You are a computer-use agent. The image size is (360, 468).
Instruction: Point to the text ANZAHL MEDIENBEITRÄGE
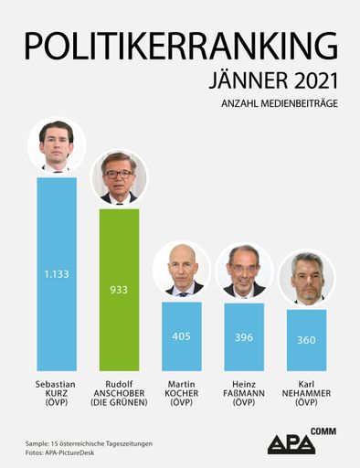(280, 104)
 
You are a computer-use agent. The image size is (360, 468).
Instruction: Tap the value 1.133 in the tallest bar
(56, 272)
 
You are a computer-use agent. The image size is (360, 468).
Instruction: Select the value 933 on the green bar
(119, 289)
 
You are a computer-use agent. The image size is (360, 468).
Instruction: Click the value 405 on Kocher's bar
(182, 335)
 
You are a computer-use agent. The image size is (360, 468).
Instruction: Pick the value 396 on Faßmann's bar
(244, 336)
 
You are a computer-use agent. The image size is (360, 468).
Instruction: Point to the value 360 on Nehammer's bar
(306, 340)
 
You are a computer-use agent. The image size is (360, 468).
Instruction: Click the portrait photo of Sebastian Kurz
(57, 144)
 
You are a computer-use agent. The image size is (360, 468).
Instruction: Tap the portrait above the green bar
(119, 177)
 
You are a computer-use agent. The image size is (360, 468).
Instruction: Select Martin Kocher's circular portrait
(182, 270)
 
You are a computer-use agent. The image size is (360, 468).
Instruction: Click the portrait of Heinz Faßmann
(244, 271)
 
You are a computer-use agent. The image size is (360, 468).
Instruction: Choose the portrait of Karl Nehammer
(306, 277)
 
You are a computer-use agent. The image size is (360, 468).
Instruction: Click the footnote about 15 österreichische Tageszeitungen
(89, 442)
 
